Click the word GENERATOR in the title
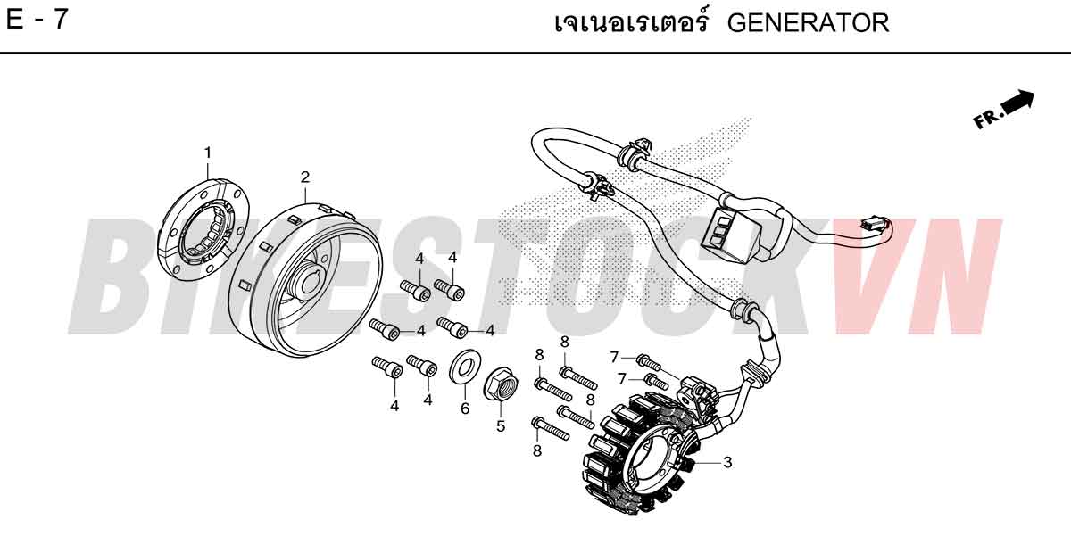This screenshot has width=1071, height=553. tap(808, 22)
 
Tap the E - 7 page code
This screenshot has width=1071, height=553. tap(37, 20)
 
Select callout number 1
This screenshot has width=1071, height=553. tap(207, 153)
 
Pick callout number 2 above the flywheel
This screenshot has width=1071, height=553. tap(305, 177)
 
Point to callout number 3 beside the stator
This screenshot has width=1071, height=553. tap(727, 462)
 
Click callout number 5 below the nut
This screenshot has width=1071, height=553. tap(501, 425)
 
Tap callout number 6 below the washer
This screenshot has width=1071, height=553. tap(465, 409)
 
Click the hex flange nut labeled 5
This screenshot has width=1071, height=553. tap(499, 384)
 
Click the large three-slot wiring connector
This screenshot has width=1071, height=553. tap(734, 234)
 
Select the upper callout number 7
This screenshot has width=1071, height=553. tap(614, 357)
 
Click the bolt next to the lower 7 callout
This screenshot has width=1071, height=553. tap(657, 382)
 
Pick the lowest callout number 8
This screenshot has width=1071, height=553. tap(537, 450)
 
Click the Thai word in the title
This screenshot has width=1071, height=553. tap(631, 22)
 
